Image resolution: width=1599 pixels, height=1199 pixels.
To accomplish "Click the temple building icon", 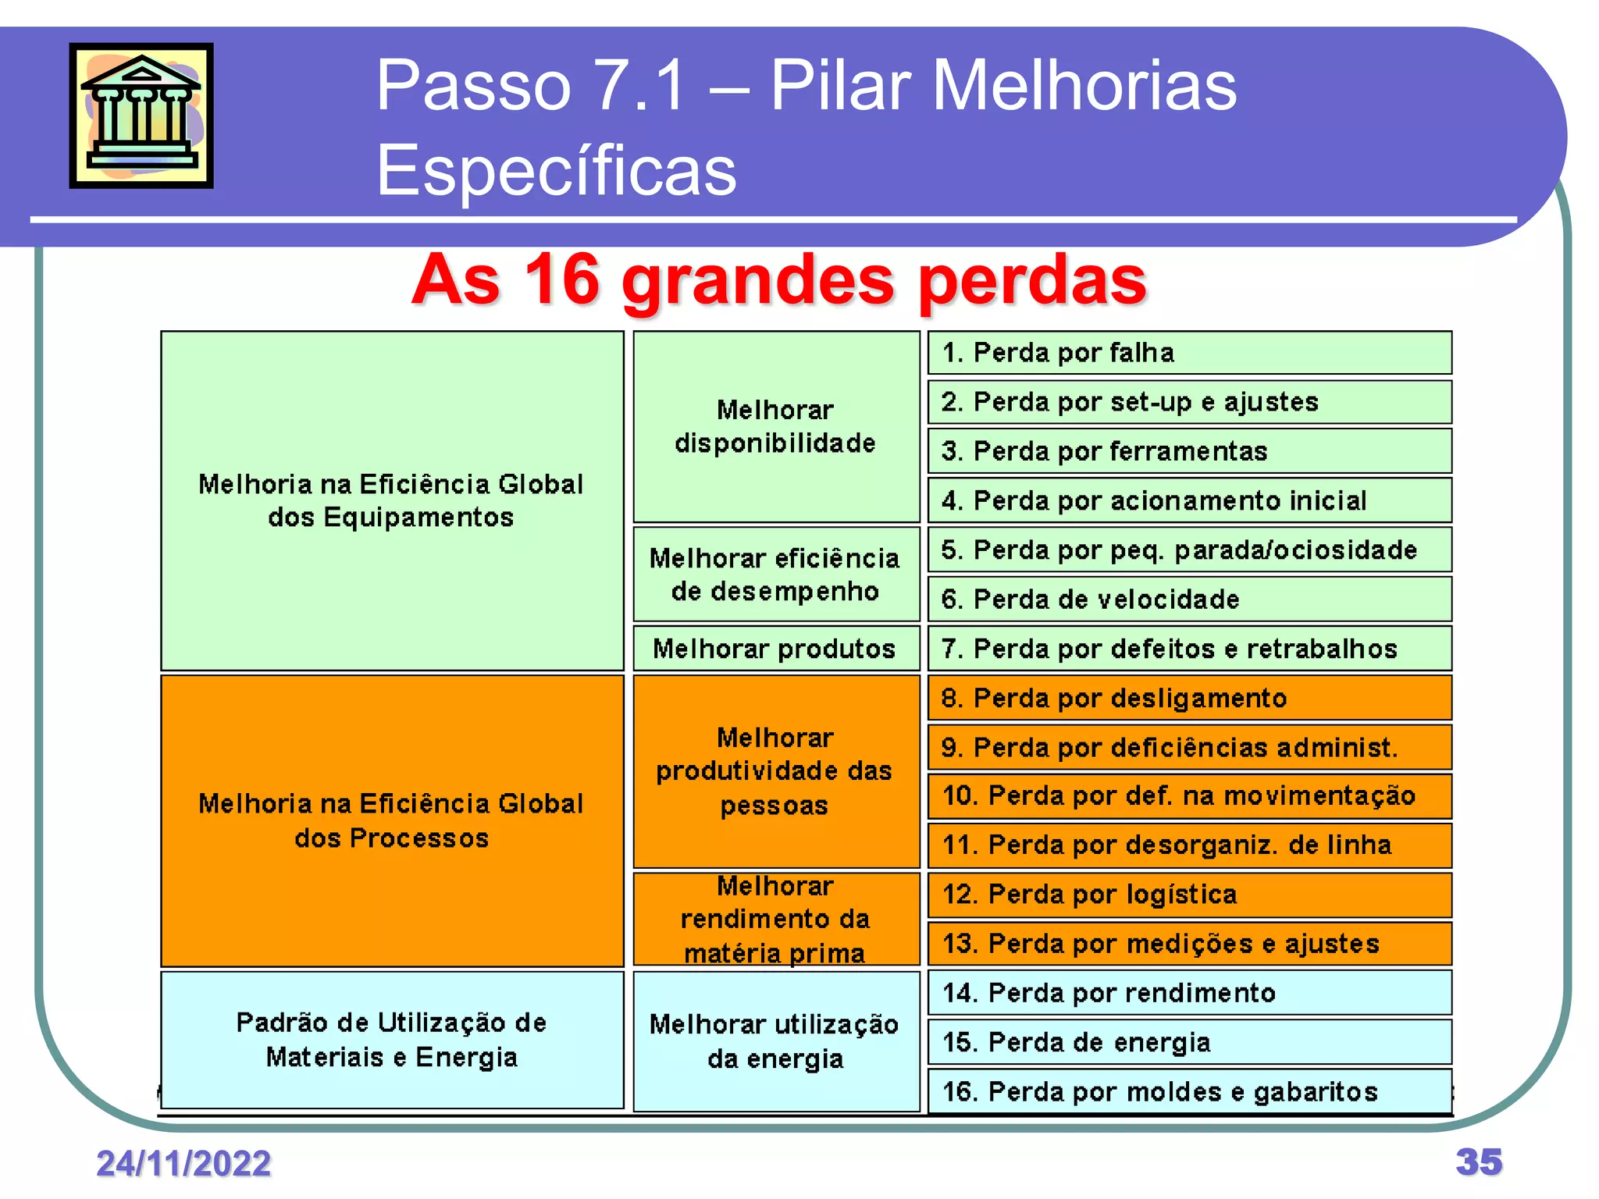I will (141, 116).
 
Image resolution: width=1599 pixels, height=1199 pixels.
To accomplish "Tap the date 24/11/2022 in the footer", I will (183, 1163).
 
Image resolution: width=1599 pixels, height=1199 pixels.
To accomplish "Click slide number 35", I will (1478, 1162).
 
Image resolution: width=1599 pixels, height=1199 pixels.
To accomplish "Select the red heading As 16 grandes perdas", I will (778, 280).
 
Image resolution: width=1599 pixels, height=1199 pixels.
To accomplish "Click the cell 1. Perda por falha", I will (1188, 353).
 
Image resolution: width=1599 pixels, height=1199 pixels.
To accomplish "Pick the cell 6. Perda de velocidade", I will (1188, 599).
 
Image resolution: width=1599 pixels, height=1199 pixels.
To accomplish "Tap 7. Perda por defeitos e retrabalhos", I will (1188, 649).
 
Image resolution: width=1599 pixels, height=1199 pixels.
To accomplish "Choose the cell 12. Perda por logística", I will (1188, 895).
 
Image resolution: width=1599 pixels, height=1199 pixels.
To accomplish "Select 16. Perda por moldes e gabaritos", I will (1188, 1091).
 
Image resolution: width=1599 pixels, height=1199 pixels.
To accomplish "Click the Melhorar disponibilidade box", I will (775, 426).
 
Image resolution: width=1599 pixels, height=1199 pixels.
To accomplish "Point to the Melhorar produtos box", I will (775, 649).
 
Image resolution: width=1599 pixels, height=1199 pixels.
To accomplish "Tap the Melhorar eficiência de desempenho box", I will (775, 575).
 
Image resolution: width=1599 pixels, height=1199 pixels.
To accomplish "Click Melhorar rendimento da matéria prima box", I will (775, 920).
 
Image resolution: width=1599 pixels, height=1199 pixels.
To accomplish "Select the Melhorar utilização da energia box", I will (775, 1041).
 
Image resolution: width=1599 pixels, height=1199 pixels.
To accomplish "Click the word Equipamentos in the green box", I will (418, 518).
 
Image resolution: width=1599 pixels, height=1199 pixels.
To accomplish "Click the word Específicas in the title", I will (556, 170).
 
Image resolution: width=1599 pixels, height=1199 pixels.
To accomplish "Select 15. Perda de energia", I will (1188, 1042).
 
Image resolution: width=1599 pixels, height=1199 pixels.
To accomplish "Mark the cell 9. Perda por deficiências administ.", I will (1188, 748).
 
